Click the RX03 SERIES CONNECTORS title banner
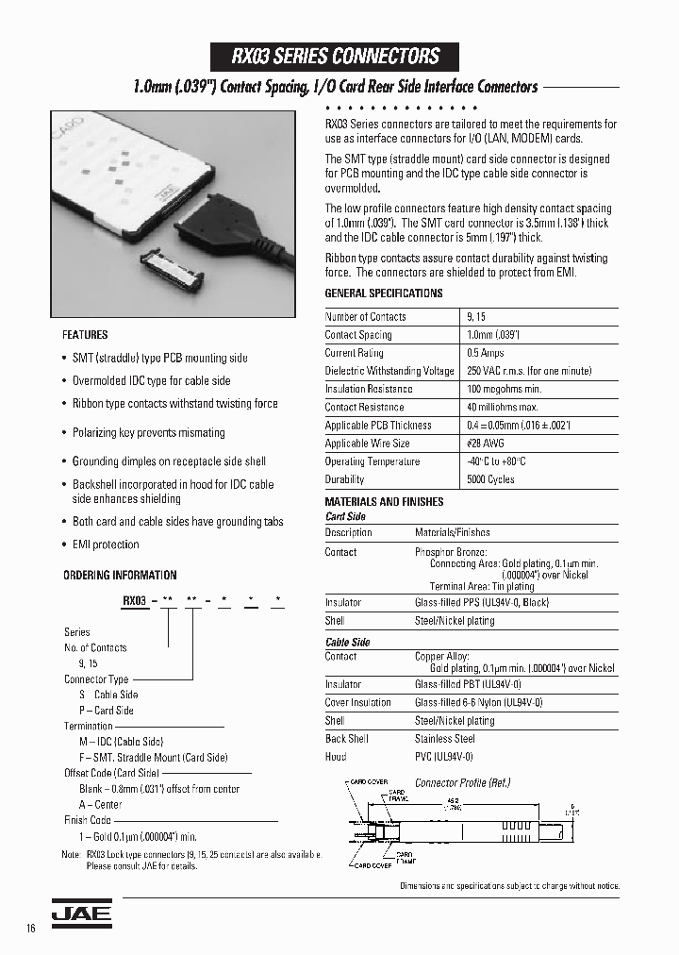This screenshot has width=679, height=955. [x=336, y=56]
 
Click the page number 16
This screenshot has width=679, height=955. [x=31, y=929]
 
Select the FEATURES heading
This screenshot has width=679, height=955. [x=85, y=335]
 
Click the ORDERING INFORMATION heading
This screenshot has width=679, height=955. [x=120, y=575]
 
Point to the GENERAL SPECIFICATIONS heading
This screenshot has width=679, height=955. [x=383, y=293]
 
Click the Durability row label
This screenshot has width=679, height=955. [x=345, y=479]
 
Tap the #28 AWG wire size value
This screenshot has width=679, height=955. [x=486, y=444]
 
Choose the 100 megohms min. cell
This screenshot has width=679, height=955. [x=505, y=389]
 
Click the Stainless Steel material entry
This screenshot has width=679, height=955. [x=445, y=739]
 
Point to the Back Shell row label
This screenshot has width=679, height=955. [x=347, y=739]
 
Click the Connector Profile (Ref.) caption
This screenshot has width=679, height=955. [x=462, y=782]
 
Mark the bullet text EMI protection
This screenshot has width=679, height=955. [x=106, y=545]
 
